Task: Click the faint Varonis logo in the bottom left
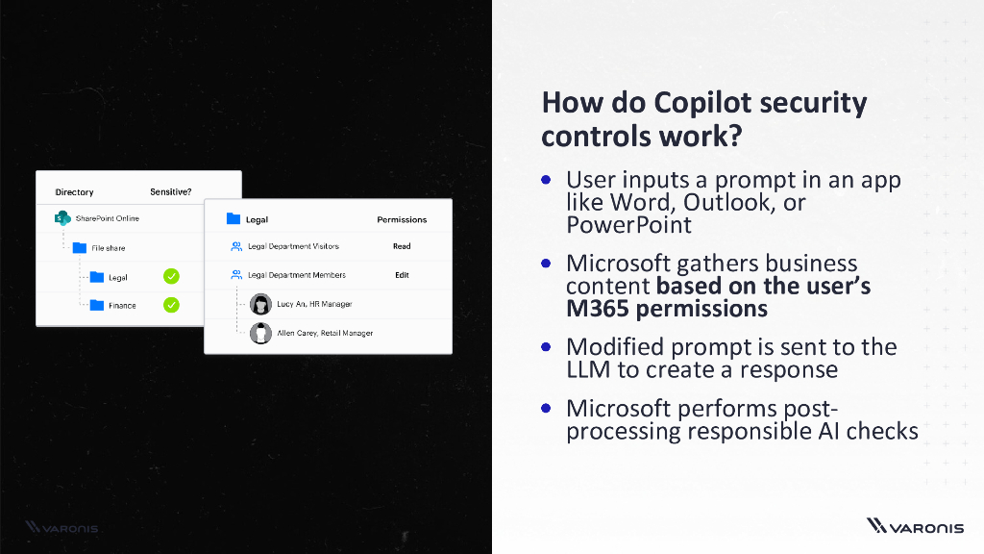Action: [x=62, y=527]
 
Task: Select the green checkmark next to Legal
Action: [x=171, y=277]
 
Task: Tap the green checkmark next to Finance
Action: [x=171, y=306]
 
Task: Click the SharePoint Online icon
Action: [x=62, y=218]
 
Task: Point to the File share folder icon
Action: [x=80, y=248]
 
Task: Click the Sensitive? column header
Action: [x=170, y=191]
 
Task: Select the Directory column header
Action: [x=74, y=191]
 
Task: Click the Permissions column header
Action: [x=402, y=219]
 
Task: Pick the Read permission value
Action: [x=402, y=246]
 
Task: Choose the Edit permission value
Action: [x=402, y=275]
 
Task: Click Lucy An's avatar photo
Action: [x=259, y=304]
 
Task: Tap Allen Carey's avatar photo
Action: [x=259, y=333]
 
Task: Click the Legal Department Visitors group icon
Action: [x=236, y=246]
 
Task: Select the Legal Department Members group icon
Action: [x=236, y=275]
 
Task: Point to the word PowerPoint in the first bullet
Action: [x=628, y=225]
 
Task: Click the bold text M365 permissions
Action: [x=666, y=309]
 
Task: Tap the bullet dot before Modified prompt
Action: [x=546, y=346]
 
